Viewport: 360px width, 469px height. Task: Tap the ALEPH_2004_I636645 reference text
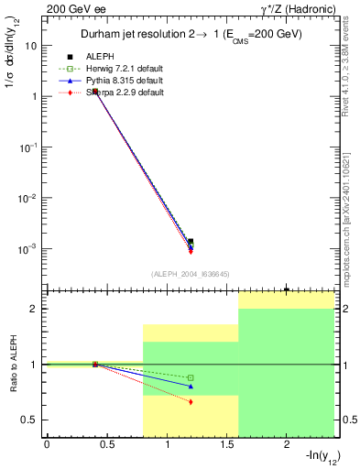pos(190,274)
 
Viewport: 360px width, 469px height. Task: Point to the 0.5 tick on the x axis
pos(106,446)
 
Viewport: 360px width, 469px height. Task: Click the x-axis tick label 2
pos(287,446)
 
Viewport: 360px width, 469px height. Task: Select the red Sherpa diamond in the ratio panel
pos(191,402)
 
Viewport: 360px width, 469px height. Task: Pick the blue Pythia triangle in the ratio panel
pos(191,386)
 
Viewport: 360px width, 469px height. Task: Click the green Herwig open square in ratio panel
pos(191,377)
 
